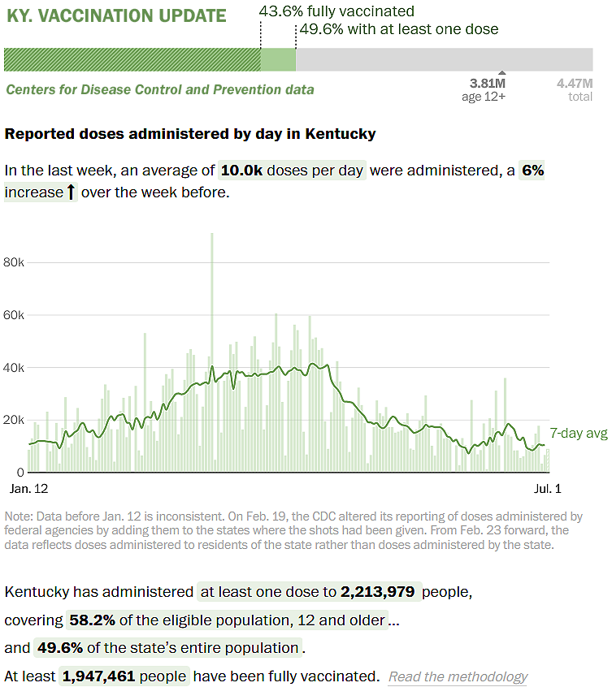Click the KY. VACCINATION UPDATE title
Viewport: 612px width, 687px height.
pos(116,15)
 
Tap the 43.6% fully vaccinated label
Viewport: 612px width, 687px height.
pos(336,11)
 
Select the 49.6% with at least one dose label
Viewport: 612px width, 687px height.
pos(398,29)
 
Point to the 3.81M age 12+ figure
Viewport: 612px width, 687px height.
pos(488,89)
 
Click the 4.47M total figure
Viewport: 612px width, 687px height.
pos(575,89)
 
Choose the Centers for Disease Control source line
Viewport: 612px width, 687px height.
pos(160,89)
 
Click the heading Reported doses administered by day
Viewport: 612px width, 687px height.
pos(190,133)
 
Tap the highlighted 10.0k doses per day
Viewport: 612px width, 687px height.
pos(292,171)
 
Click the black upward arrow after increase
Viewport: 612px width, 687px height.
pos(71,193)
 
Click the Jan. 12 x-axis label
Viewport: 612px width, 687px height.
pos(28,489)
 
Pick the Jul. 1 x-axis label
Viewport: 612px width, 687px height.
pos(547,489)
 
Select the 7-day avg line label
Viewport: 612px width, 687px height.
pos(579,434)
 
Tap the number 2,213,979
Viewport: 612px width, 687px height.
pos(379,592)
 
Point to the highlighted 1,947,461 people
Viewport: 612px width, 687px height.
pos(124,676)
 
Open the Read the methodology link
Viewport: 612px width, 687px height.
pos(458,676)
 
